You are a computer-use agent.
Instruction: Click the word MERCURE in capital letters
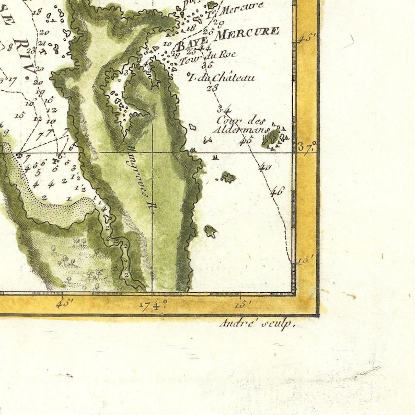pyautogui.click(x=248, y=32)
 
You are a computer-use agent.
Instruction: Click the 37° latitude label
pyautogui.click(x=307, y=147)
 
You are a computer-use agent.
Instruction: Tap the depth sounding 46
pyautogui.click(x=276, y=191)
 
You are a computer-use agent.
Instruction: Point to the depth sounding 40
pyautogui.click(x=264, y=168)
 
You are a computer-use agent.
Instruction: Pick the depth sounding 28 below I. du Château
pyautogui.click(x=212, y=88)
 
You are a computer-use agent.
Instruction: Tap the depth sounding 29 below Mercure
pyautogui.click(x=218, y=24)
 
